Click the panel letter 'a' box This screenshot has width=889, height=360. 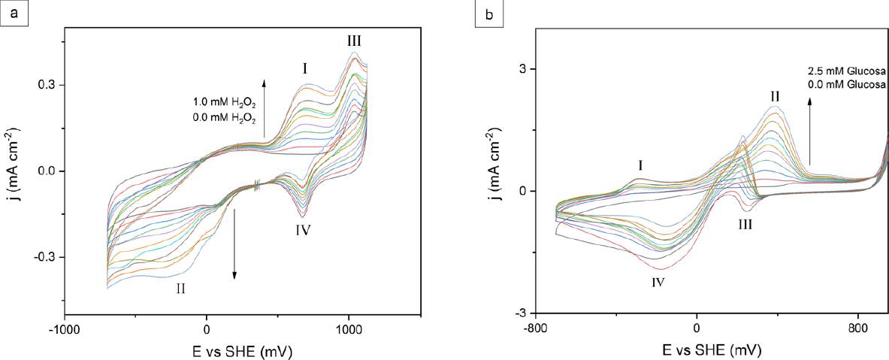(x=14, y=14)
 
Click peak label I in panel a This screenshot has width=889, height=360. (x=305, y=68)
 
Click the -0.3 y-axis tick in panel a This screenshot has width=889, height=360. (x=48, y=257)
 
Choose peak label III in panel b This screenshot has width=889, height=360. (x=744, y=224)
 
